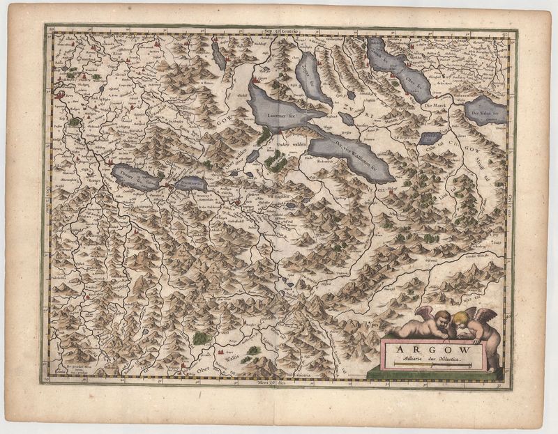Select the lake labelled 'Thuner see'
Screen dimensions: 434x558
(x=135, y=178)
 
